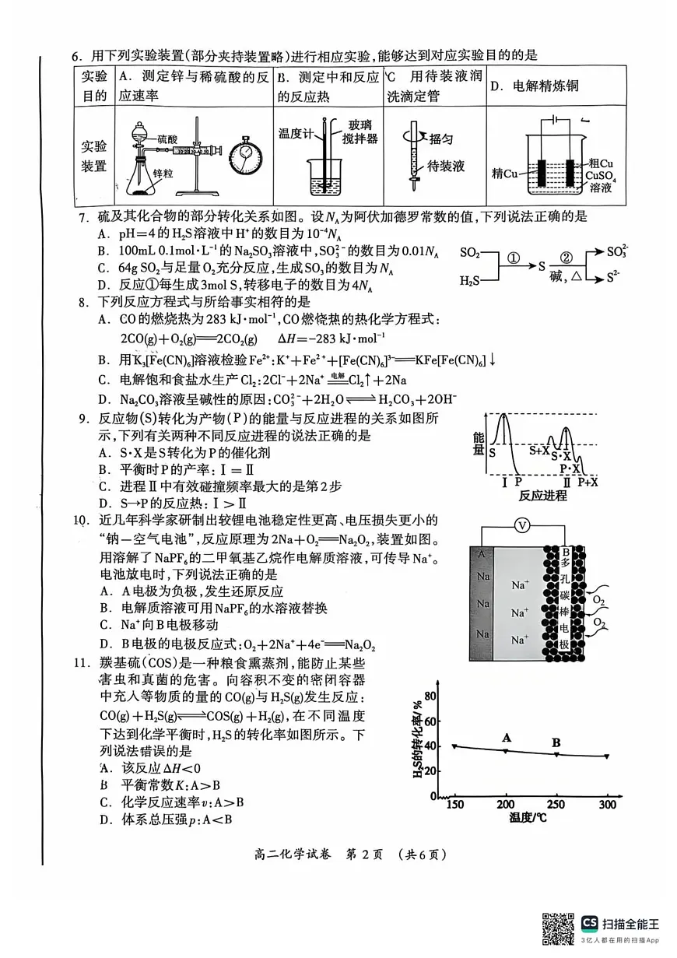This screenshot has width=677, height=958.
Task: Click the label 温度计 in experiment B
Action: click(x=295, y=132)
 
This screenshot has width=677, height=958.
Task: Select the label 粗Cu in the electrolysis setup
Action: click(x=602, y=163)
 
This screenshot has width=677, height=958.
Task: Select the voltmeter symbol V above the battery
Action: click(x=523, y=525)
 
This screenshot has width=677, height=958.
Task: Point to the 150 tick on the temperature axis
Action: click(x=455, y=805)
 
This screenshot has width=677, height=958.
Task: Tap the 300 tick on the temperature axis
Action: click(x=606, y=805)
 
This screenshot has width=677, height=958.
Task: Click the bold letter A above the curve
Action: click(x=507, y=737)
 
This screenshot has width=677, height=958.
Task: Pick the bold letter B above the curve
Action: click(x=556, y=742)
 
